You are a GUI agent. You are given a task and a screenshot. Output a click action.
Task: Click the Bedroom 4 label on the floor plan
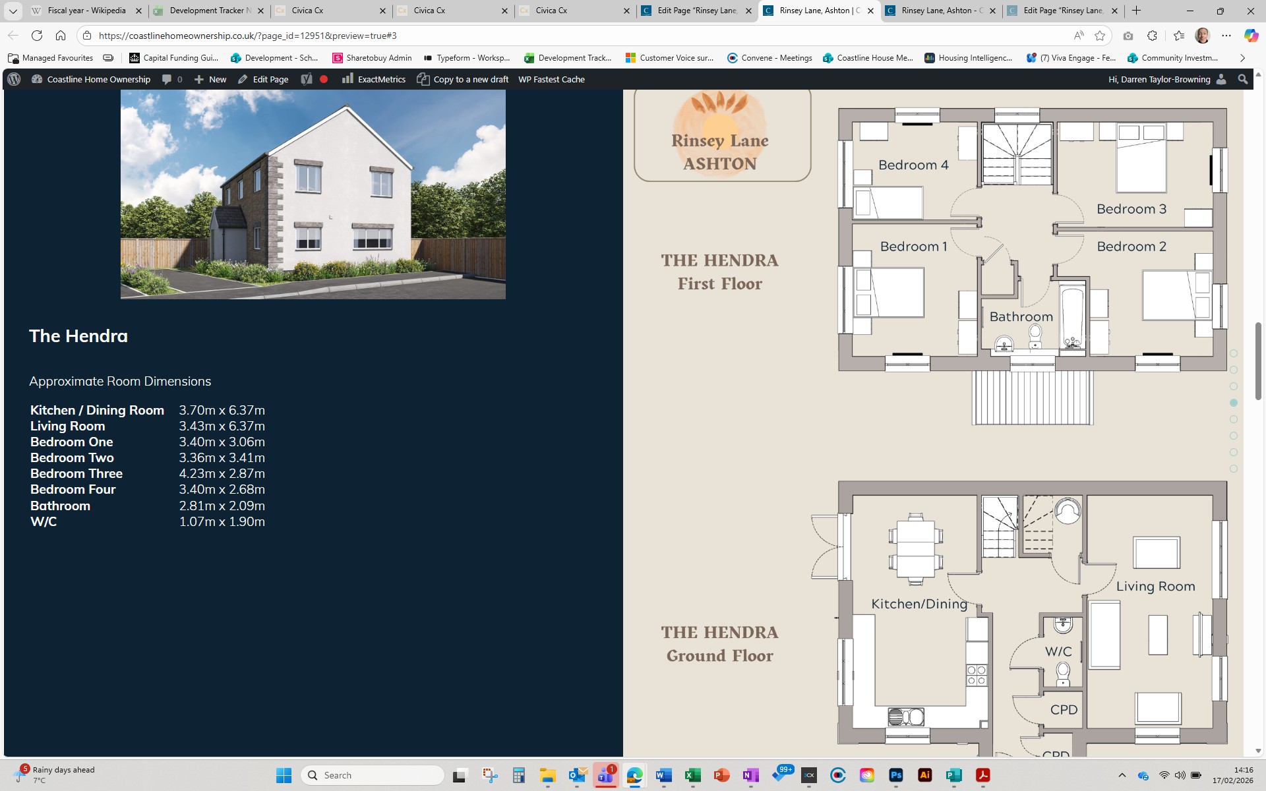[913, 165]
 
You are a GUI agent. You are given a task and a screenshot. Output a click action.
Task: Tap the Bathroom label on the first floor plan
[1021, 317]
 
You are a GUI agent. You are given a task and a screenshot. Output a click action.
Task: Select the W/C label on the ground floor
[1058, 651]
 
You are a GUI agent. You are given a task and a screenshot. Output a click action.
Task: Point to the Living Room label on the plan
[1155, 587]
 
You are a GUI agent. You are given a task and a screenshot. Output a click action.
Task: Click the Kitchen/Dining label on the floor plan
[919, 604]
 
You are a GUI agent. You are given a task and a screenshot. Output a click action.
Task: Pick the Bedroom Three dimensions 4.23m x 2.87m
[222, 474]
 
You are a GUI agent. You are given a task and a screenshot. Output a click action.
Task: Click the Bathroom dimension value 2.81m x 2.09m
[222, 506]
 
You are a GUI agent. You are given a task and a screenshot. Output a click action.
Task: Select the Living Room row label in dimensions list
[67, 426]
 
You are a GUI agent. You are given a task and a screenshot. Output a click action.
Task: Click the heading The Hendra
[78, 336]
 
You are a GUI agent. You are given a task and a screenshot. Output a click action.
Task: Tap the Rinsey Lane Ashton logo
[722, 135]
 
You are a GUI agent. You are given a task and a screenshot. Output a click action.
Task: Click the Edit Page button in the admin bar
[263, 79]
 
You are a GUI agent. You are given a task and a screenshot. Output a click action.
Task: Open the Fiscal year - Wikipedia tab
[86, 11]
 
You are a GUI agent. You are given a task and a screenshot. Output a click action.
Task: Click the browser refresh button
[37, 36]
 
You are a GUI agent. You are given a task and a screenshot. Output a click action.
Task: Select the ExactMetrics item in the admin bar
[374, 79]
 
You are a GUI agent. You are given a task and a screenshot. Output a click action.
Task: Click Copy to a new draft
[463, 79]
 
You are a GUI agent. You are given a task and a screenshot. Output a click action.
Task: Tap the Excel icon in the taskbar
[692, 775]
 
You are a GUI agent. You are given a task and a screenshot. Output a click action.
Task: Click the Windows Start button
[284, 775]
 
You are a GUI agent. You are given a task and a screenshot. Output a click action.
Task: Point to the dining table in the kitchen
[915, 549]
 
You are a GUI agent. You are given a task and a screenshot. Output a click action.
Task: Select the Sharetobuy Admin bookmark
[373, 58]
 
